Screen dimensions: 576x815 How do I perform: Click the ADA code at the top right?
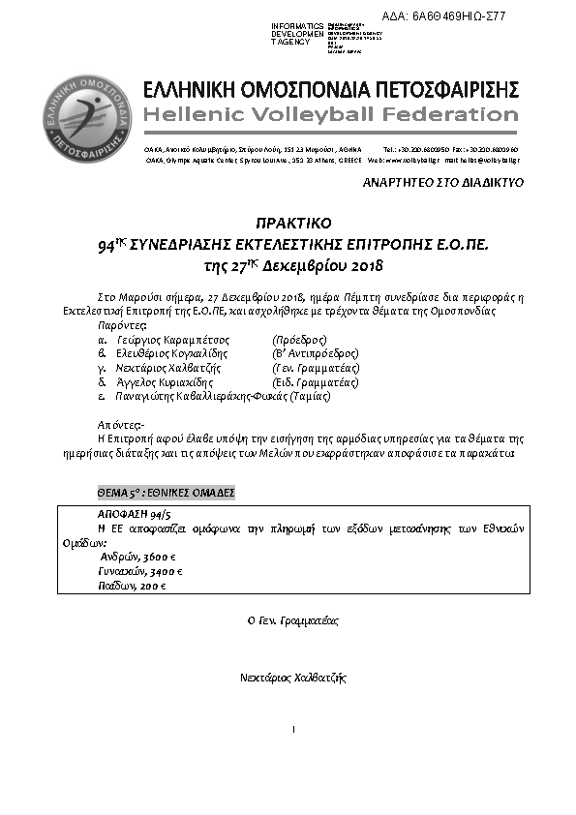click(x=457, y=16)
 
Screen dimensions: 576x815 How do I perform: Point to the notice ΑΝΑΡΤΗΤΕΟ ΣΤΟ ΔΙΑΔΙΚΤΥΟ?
click(x=442, y=182)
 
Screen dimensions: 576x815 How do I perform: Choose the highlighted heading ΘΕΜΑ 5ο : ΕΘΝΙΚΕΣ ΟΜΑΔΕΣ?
click(x=167, y=493)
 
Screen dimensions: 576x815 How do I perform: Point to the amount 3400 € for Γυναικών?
click(x=163, y=572)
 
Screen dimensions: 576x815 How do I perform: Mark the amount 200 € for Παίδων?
click(x=151, y=586)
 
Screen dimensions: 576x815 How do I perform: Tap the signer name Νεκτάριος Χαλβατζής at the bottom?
click(x=292, y=679)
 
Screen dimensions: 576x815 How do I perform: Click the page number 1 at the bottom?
click(x=291, y=727)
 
